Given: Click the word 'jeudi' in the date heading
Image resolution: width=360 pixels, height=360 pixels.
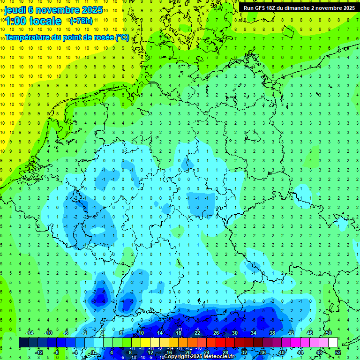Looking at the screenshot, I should click(x=15, y=10).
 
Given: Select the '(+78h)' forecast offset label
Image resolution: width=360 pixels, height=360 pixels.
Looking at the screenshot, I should click(x=81, y=21).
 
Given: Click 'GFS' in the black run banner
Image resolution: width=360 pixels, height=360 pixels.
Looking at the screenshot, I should click(x=261, y=8).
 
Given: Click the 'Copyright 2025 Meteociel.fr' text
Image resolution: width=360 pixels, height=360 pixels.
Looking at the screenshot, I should click(x=199, y=356).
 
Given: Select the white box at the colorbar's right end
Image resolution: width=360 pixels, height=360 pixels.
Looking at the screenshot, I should click(x=333, y=343).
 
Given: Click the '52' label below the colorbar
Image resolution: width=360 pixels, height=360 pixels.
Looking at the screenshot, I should click(x=338, y=352).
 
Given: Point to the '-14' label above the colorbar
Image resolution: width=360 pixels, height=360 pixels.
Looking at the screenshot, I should click(x=29, y=332).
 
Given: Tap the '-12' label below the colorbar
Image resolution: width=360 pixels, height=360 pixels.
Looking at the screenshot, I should click(x=38, y=352).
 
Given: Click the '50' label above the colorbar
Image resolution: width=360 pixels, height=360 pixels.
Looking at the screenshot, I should click(x=329, y=332).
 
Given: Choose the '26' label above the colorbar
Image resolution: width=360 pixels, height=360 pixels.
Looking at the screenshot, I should click(x=216, y=332).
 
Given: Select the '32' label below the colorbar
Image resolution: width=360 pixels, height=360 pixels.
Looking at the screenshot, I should click(x=244, y=352).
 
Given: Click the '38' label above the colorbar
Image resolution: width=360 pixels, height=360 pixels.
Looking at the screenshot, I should click(x=272, y=332).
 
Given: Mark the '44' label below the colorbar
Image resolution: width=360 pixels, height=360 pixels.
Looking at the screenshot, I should click(x=300, y=352).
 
